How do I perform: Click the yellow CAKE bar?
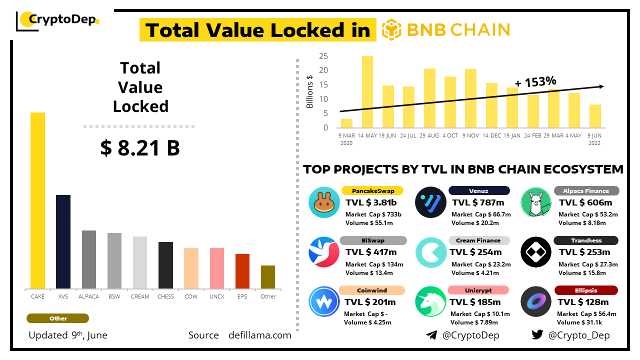tap(37, 200)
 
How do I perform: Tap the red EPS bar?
tap(242, 271)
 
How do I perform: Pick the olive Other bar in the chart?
tap(268, 277)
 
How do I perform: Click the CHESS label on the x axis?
tap(165, 296)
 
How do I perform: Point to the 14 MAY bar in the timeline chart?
tap(367, 91)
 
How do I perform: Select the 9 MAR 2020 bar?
tap(346, 123)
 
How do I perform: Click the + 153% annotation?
tap(535, 81)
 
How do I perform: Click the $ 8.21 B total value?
tap(140, 148)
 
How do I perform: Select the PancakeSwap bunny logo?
tap(324, 202)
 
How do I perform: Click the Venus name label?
tap(478, 190)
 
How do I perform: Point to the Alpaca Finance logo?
tap(535, 202)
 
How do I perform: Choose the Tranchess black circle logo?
tap(535, 252)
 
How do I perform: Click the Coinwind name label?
tap(372, 290)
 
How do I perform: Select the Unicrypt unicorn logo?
tap(430, 301)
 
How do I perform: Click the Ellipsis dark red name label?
tap(585, 290)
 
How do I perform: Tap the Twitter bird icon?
tap(537, 335)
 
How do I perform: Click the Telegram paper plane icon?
tap(431, 335)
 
